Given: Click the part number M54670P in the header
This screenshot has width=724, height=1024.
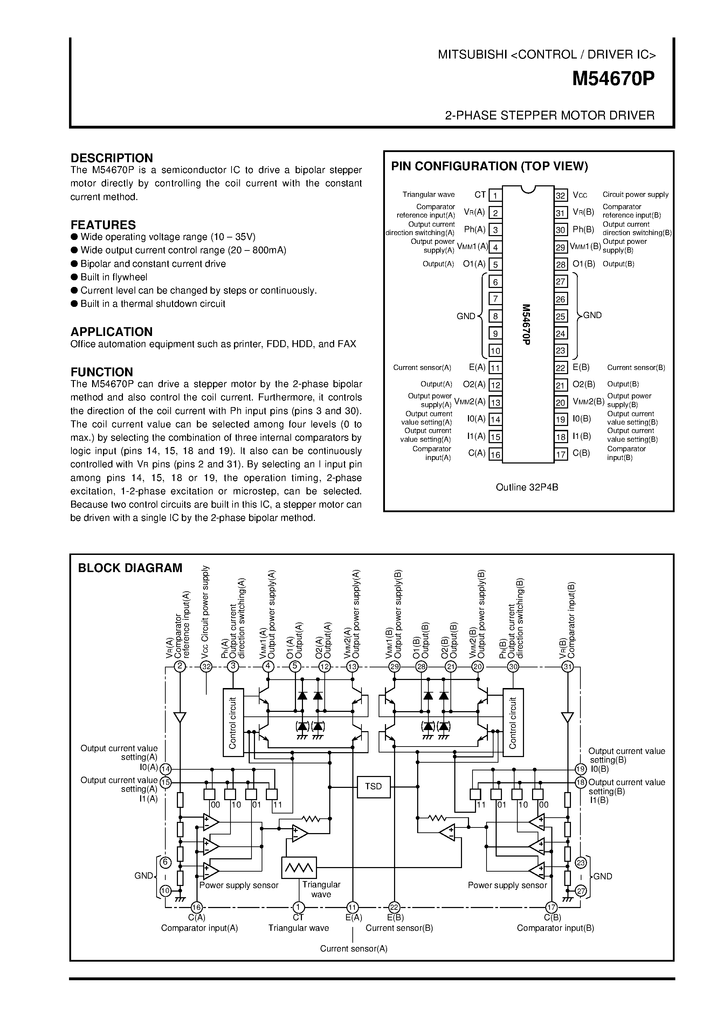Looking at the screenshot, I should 613,80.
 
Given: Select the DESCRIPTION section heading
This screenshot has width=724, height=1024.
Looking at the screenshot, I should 111,158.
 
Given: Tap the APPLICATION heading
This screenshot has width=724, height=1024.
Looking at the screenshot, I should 111,332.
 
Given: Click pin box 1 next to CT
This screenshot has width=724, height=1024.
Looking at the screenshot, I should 495,195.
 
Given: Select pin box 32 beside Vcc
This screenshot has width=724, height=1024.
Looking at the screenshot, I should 560,195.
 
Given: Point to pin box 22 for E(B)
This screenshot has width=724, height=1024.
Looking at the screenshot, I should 560,368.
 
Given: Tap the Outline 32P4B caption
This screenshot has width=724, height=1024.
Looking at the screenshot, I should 527,487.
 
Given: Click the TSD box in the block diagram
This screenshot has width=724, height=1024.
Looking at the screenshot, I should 374,786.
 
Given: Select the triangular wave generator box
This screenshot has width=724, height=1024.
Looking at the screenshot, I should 299,868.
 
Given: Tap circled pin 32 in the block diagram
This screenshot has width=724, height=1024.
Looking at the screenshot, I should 206,667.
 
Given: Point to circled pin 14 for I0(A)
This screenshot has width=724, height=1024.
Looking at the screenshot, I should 166,769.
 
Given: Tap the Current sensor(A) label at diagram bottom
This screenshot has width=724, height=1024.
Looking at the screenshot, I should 353,949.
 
